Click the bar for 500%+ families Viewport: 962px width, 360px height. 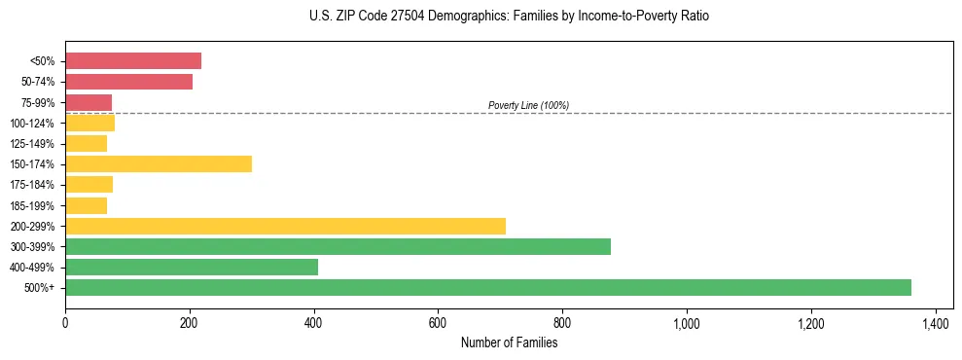coord(487,287)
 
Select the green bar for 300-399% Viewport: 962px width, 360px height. coord(338,246)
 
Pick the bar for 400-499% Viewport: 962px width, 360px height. coord(192,267)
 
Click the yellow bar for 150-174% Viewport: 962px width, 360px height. coord(159,163)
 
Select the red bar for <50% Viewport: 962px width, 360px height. coord(133,60)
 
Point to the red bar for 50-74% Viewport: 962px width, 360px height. coord(128,82)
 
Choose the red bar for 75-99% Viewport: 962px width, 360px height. coord(89,102)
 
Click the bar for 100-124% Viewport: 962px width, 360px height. coord(89,123)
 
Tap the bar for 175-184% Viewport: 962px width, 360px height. coord(89,184)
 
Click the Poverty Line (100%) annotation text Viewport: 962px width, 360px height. coord(528,105)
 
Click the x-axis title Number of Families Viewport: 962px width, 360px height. coord(509,342)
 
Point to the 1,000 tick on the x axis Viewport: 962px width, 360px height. coord(687,322)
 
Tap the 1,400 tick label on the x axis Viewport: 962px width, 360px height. coord(936,322)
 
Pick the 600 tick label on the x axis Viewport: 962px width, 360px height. coord(438,322)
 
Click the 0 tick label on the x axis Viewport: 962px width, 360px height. coord(65,322)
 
